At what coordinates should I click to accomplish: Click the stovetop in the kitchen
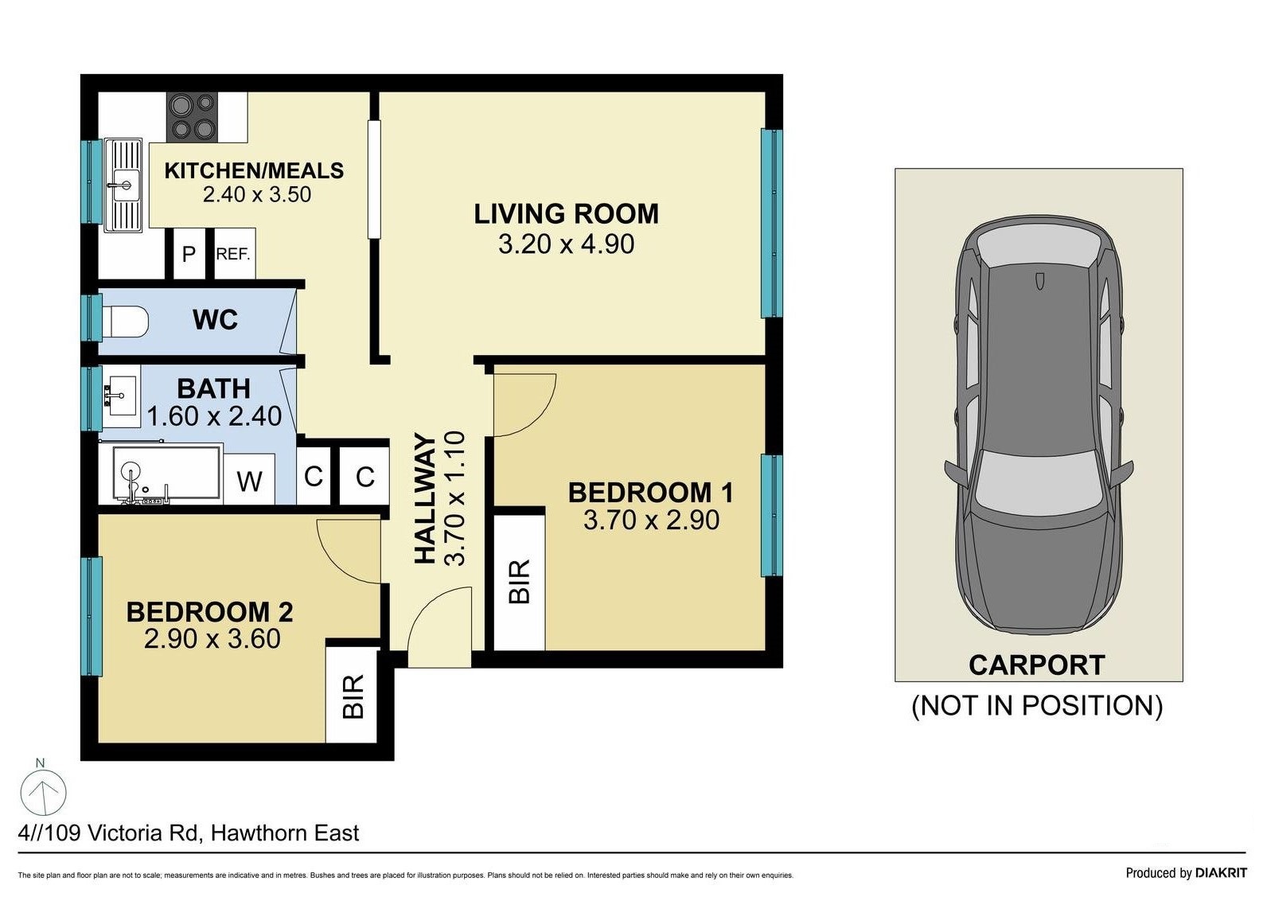tap(193, 117)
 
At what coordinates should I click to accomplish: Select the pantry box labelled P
tap(189, 253)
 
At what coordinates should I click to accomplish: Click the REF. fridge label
tap(233, 254)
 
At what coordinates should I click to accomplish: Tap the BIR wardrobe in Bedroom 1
tap(519, 582)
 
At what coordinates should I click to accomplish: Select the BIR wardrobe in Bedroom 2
tap(352, 696)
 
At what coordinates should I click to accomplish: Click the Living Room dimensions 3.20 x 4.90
tap(566, 244)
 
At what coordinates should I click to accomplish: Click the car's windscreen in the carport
tap(1039, 482)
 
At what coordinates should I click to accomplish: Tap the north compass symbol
tap(44, 792)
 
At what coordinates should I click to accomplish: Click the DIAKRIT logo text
tap(1221, 872)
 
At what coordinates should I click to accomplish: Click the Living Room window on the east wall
tap(771, 224)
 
